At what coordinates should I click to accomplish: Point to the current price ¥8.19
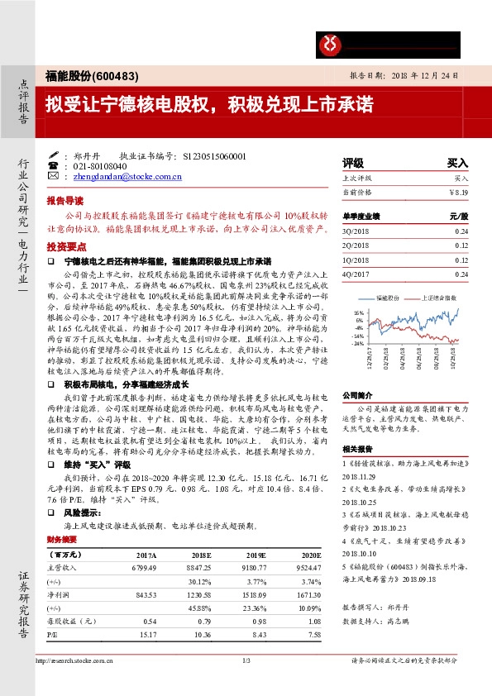click(x=458, y=192)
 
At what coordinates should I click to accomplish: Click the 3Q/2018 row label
click(x=355, y=231)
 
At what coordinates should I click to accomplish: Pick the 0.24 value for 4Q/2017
click(x=461, y=274)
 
